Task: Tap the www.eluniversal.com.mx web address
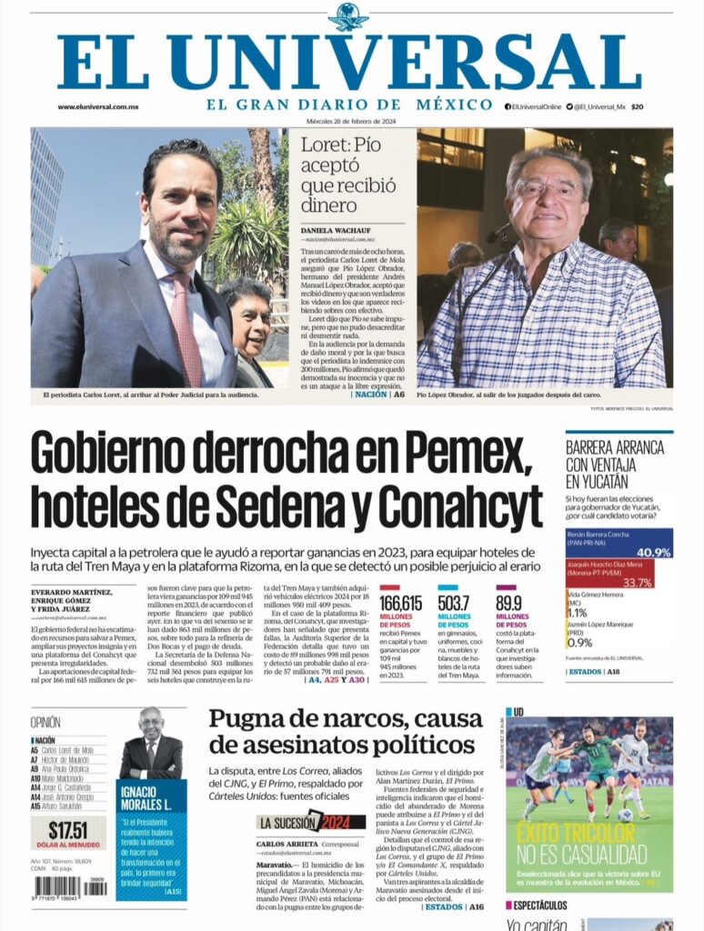97,107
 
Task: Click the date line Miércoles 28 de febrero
351,121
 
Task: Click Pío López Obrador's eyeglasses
548,189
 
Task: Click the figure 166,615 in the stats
400,604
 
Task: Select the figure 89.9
509,604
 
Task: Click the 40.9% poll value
628,552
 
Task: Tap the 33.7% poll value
638,583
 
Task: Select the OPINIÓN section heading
45,723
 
